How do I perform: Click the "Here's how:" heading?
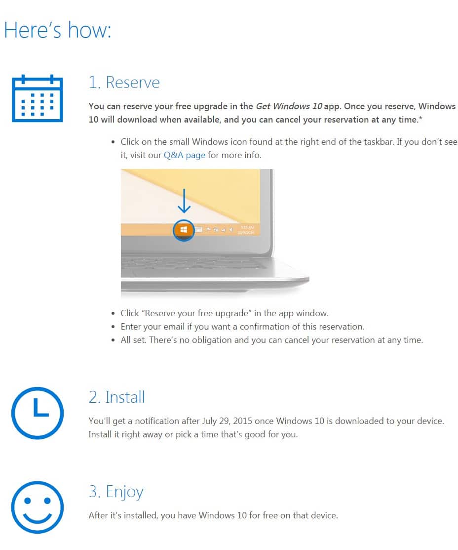pos(58,30)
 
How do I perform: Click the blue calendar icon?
pos(37,98)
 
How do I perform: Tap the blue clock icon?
pos(37,413)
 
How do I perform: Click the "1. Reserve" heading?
pos(124,82)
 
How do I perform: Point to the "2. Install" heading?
pos(116,397)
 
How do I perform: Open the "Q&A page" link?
pos(184,155)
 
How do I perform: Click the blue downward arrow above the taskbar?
pos(184,201)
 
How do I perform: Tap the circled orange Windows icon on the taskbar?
pos(184,230)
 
